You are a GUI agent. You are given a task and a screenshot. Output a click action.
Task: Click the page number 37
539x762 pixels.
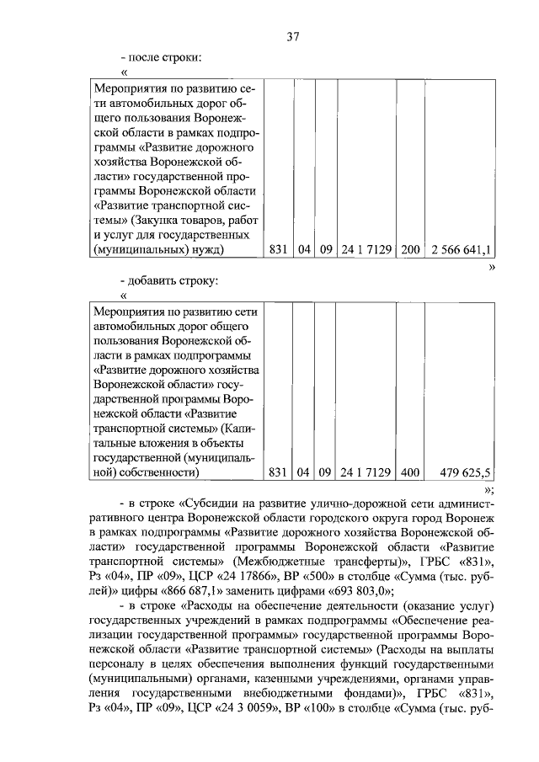pos(292,36)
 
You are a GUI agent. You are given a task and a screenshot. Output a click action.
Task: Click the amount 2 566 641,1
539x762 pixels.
pos(462,249)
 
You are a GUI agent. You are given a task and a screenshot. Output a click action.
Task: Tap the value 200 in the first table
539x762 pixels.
pos(410,249)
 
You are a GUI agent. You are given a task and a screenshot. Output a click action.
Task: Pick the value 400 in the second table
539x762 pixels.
pos(410,472)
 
